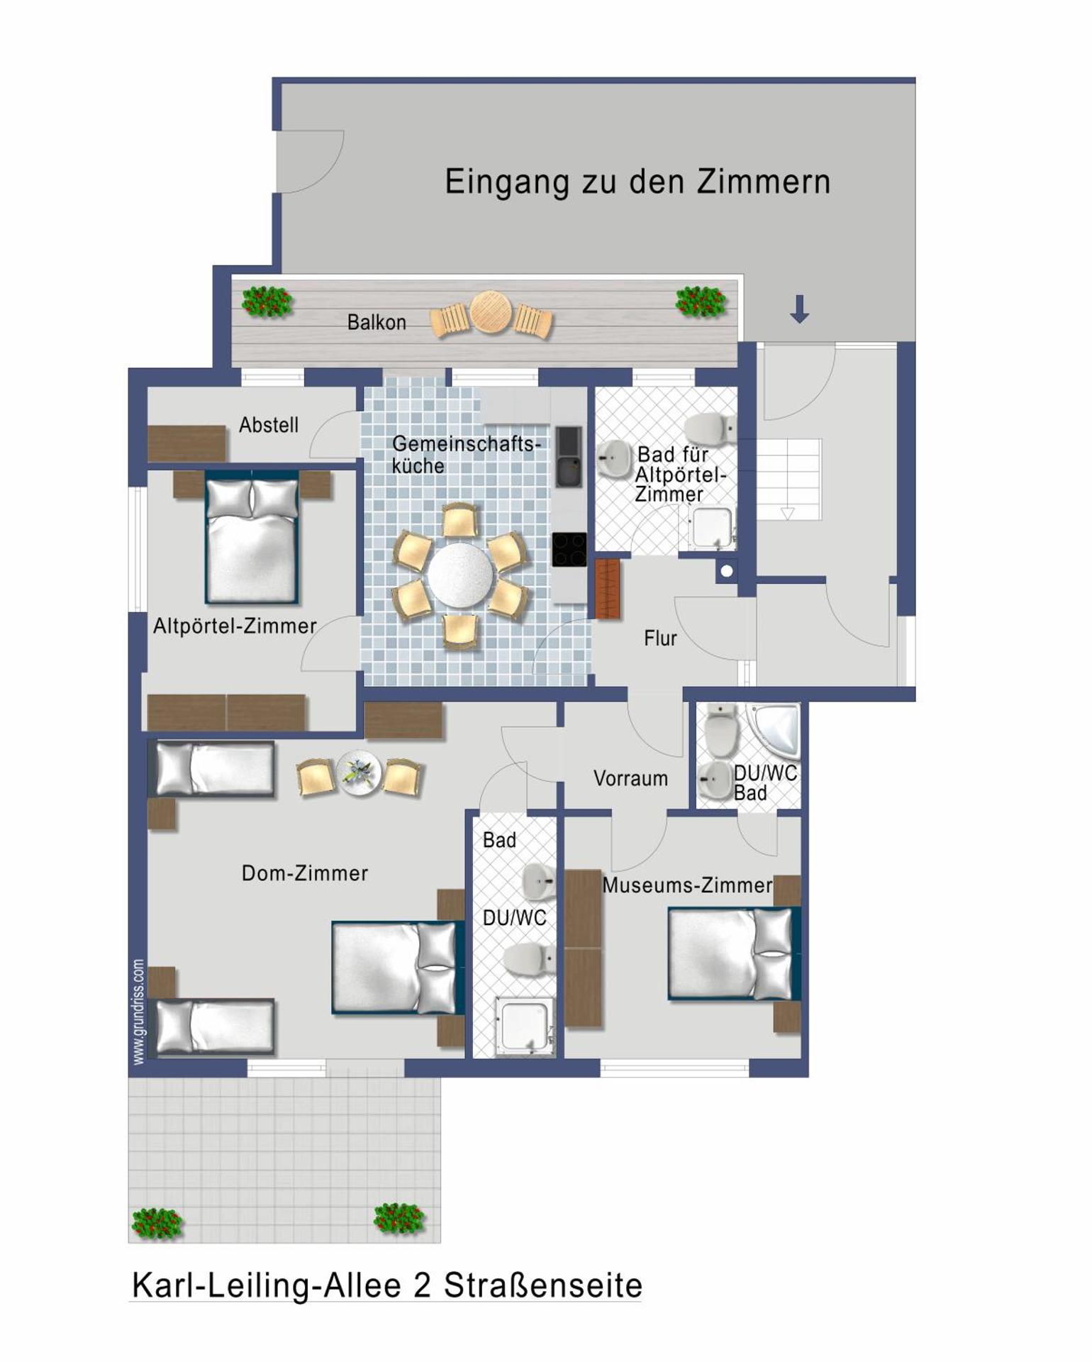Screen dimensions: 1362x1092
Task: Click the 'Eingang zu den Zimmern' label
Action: click(x=637, y=182)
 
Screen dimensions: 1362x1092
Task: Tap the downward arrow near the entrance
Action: click(x=799, y=309)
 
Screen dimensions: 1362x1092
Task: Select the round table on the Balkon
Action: click(x=490, y=312)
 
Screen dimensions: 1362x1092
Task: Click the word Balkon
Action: click(x=377, y=323)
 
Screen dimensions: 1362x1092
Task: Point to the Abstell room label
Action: click(x=268, y=425)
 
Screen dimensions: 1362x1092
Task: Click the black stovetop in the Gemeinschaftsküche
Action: click(x=569, y=549)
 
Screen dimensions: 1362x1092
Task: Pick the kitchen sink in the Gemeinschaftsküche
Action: click(x=568, y=457)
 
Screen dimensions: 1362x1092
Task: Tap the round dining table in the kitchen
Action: click(x=460, y=575)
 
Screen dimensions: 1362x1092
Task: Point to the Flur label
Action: click(x=660, y=638)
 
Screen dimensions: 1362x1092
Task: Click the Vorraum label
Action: click(x=630, y=779)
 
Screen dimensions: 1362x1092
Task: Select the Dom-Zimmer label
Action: click(x=305, y=873)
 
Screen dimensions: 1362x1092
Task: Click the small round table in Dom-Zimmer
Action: click(x=359, y=772)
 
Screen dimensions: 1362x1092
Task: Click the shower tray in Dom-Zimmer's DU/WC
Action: click(x=525, y=1025)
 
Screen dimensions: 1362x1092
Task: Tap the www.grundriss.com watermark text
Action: click(x=138, y=1012)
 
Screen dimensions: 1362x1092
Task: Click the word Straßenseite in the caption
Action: click(x=542, y=1285)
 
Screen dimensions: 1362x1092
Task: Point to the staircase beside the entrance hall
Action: click(x=789, y=479)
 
